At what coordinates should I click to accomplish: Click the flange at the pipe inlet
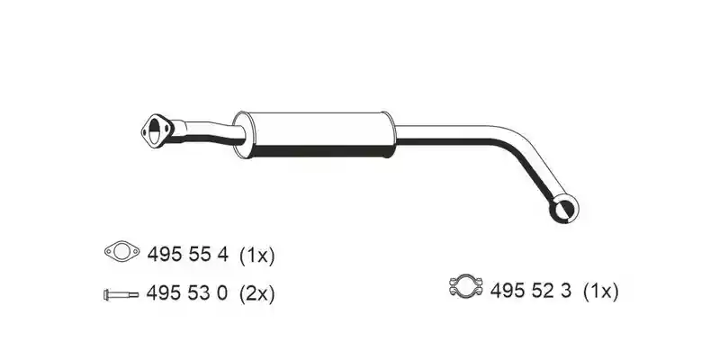[x=157, y=130]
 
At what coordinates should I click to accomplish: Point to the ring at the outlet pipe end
[x=564, y=209]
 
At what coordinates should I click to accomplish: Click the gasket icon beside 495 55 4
[x=121, y=251]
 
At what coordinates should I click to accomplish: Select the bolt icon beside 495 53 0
[x=121, y=295]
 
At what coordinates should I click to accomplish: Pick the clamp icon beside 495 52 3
[x=466, y=286]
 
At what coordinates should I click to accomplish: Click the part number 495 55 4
[x=187, y=254]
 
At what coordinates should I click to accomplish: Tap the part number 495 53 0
[x=187, y=292]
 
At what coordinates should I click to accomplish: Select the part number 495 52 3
[x=531, y=290]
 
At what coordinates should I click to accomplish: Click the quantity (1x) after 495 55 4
[x=257, y=255]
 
